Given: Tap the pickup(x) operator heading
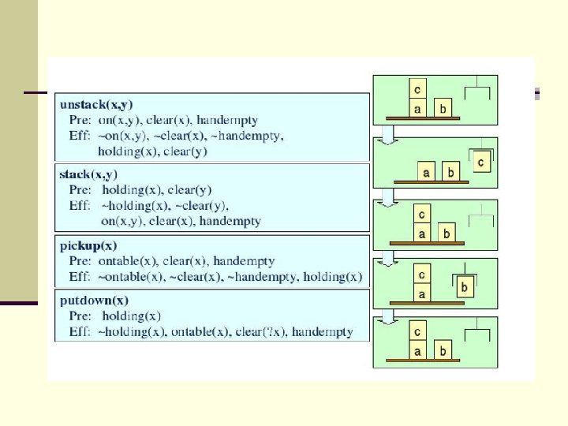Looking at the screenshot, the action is coord(88,245).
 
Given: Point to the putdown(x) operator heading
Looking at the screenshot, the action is coord(94,301).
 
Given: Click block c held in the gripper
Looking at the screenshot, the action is coord(481,162).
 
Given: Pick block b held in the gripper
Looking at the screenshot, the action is coord(464,288).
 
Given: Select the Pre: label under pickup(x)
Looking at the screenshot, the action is coord(79,261).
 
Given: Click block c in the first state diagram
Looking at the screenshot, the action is coord(417,88).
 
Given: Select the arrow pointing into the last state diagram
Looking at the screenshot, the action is coord(387,316).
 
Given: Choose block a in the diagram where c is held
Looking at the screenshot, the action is coord(427,171).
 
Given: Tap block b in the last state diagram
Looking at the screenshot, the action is coord(444,350).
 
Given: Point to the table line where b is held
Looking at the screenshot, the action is coord(427,304).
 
